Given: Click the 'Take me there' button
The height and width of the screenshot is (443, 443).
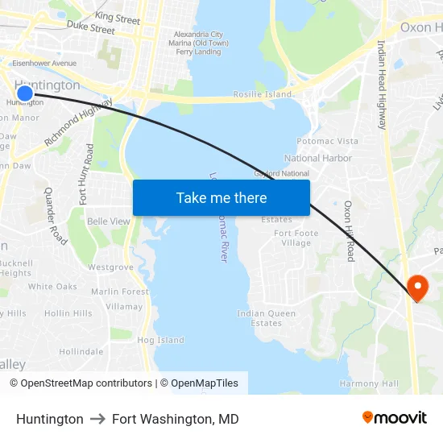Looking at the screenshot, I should [x=221, y=197].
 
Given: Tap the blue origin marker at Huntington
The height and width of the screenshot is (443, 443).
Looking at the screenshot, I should [x=25, y=93].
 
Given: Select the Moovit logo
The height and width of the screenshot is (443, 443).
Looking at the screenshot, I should [x=394, y=418].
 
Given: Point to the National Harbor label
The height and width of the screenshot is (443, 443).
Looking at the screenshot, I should [x=318, y=158].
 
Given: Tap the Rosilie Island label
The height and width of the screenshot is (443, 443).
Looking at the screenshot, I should [x=263, y=94].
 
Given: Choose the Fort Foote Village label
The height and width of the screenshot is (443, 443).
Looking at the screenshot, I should [x=292, y=238].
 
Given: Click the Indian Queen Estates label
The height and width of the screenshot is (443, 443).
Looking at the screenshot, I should [x=266, y=318].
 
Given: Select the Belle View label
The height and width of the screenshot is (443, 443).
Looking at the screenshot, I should [x=109, y=221].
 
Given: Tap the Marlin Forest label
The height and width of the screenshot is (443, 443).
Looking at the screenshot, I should [x=120, y=292].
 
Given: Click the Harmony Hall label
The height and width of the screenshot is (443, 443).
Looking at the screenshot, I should [x=369, y=383].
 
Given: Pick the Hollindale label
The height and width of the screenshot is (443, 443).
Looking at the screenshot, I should [x=81, y=352].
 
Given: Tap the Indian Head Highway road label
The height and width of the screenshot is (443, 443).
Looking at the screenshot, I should [x=382, y=85].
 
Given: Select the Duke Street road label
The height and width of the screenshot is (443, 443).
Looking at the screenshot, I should [x=91, y=28].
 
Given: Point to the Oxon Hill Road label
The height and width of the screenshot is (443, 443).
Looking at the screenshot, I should [x=350, y=231].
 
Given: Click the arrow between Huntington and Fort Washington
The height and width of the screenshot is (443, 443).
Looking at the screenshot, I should [x=97, y=419].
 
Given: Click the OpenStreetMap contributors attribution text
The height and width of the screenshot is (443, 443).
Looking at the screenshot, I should [x=81, y=383].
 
